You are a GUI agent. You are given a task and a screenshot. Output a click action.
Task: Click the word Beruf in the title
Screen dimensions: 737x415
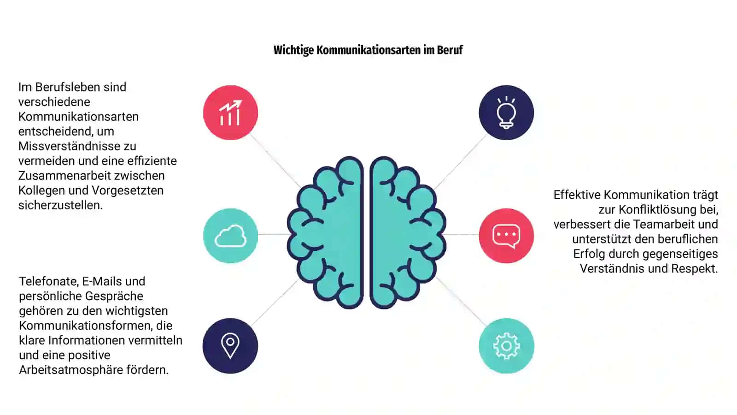click(450, 50)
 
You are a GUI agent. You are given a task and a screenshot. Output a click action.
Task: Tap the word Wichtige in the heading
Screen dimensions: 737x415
click(293, 50)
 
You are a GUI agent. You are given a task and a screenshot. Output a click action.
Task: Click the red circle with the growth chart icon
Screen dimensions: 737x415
click(230, 113)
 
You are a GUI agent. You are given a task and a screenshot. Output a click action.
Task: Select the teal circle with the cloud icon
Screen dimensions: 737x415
click(230, 236)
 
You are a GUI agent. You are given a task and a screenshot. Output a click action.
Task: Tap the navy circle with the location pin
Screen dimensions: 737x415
click(230, 346)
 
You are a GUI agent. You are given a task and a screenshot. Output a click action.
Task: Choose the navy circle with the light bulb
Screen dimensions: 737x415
click(506, 113)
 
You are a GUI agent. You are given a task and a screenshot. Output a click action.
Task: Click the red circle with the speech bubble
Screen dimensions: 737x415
click(506, 236)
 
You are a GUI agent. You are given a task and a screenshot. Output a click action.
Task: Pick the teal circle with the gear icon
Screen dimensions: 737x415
click(506, 346)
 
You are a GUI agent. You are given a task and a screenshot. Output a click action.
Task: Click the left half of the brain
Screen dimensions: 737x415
click(329, 232)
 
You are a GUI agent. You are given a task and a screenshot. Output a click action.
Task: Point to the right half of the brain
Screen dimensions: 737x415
click(405, 232)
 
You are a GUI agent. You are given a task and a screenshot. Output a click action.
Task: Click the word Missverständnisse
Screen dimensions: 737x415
click(77, 146)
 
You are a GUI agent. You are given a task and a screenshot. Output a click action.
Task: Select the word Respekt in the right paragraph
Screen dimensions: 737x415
click(694, 269)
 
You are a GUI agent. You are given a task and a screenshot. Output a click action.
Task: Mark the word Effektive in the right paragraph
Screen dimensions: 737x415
click(577, 195)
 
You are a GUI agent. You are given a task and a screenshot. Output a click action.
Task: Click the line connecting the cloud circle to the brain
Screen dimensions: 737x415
click(274, 234)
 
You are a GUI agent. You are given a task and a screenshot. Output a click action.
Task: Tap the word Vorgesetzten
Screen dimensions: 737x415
click(127, 191)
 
